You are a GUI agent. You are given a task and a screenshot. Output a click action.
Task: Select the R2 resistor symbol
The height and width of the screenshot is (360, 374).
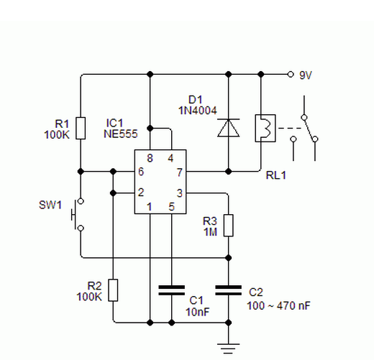pyautogui.click(x=113, y=290)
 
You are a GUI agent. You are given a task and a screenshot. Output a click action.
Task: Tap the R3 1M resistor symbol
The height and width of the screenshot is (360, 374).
pyautogui.click(x=229, y=226)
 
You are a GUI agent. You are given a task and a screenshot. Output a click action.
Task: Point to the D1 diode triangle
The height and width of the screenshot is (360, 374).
pyautogui.click(x=229, y=128)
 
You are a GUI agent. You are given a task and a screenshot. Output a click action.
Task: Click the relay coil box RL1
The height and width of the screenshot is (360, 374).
pyautogui.click(x=263, y=128)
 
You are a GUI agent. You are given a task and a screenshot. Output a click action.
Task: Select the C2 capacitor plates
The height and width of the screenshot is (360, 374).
pyautogui.click(x=229, y=290)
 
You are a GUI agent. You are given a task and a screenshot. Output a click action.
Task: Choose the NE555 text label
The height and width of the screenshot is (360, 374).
pyautogui.click(x=120, y=134)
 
